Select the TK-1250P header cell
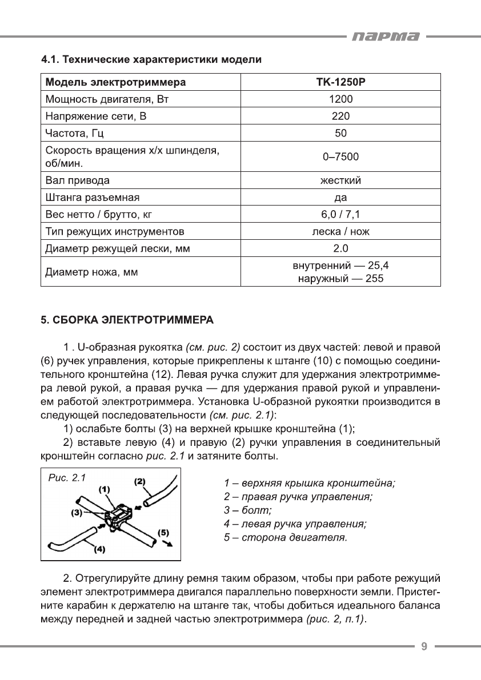(340, 82)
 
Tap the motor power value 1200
(340, 99)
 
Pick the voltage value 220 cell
(340, 116)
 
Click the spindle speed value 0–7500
(340, 156)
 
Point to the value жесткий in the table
(340, 181)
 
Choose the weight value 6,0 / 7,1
(340, 215)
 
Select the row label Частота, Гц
(74, 134)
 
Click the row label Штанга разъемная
(93, 198)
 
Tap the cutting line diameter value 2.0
(340, 248)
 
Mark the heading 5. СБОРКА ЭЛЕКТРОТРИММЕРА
(127, 321)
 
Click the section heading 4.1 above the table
(151, 59)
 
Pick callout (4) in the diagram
(99, 550)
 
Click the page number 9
(424, 646)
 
